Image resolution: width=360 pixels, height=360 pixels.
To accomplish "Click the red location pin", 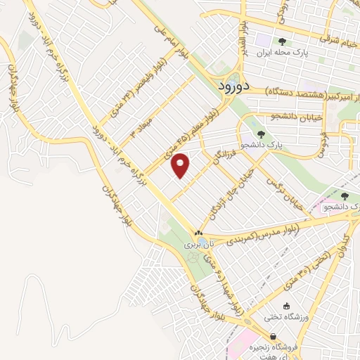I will click(x=181, y=165).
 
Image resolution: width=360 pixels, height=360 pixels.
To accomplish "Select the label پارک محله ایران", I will click(x=283, y=53).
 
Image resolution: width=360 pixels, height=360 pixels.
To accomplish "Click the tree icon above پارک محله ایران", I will click(x=283, y=41).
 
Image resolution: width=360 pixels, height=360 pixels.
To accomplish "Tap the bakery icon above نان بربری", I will click(x=198, y=233).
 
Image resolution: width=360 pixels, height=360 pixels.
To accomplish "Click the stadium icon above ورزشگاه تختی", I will click(x=285, y=305).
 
